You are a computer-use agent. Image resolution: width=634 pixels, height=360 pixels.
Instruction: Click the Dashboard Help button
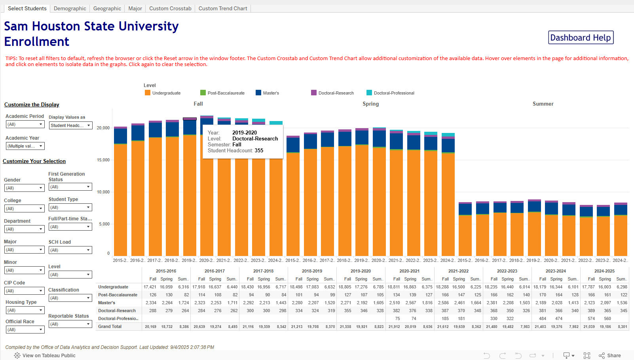(581, 38)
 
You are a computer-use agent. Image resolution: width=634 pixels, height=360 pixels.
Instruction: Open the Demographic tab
(70, 8)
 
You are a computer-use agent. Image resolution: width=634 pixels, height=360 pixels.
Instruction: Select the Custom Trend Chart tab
(222, 8)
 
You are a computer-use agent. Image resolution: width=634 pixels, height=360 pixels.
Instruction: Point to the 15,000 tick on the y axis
(103, 160)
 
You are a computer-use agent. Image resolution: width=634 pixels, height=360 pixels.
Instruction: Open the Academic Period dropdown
(25, 124)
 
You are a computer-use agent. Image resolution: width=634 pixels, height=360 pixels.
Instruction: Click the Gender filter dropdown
(24, 188)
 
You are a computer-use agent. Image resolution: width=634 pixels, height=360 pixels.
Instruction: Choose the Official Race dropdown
(24, 330)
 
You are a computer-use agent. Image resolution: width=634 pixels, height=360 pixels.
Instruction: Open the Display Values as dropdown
(70, 125)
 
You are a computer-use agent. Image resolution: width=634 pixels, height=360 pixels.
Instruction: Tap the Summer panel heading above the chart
(543, 104)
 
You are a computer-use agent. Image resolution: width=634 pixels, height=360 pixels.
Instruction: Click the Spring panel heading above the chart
(370, 104)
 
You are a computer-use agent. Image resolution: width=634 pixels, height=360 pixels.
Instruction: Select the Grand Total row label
(110, 326)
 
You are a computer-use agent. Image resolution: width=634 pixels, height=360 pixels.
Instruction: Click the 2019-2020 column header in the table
(361, 271)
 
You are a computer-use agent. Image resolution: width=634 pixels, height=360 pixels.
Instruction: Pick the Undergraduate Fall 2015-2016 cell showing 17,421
(150, 287)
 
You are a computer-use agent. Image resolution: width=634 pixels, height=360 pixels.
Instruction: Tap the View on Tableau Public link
(49, 355)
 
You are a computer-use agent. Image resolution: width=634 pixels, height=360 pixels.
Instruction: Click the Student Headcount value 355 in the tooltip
(259, 150)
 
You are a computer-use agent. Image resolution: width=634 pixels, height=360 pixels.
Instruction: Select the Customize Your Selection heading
(34, 161)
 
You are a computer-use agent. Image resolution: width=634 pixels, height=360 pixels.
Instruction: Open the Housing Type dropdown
(24, 310)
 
